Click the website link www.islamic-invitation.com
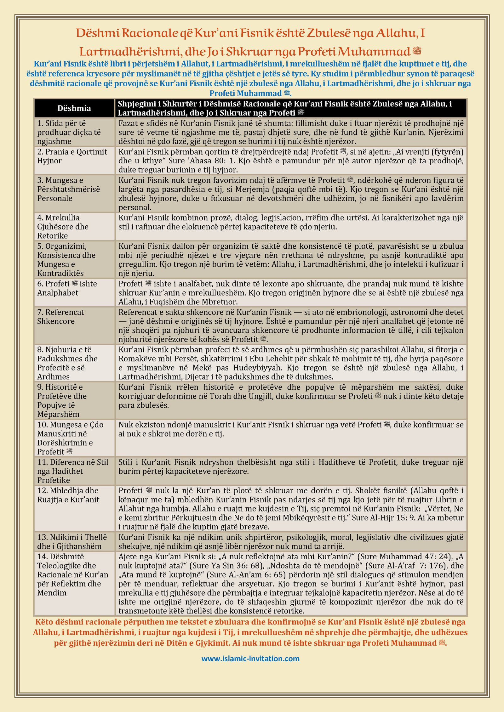250,658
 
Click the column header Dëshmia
74,108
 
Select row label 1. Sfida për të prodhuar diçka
69,132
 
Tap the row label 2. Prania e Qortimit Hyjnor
72,156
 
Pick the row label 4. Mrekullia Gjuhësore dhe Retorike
63,227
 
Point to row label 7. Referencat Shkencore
60,317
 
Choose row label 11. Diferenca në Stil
72,471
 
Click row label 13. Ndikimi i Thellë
72,542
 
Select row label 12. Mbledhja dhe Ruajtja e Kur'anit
68,495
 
